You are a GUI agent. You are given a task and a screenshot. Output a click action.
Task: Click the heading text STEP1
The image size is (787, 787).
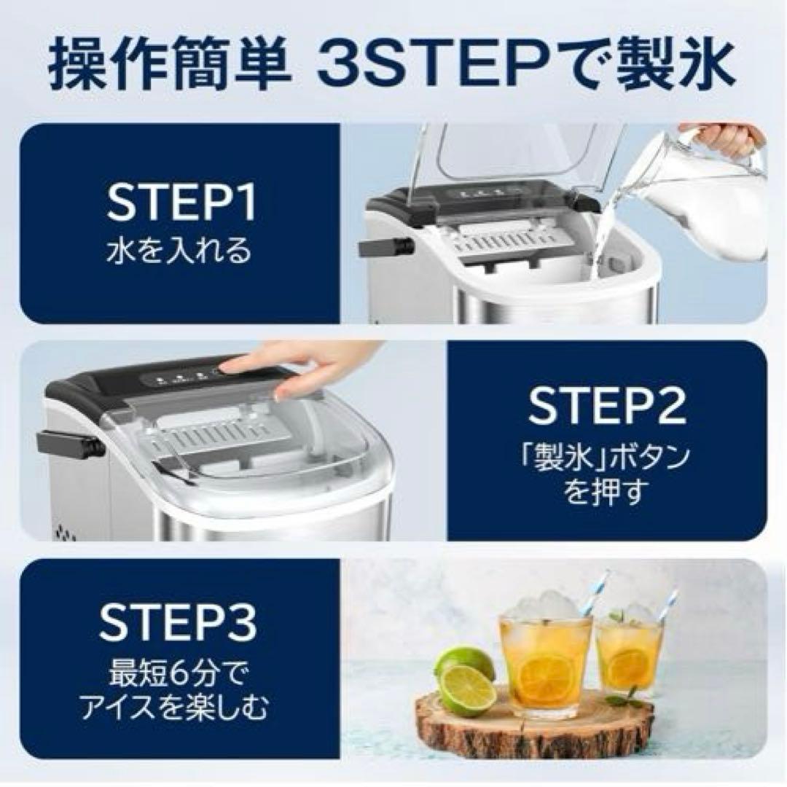(x=181, y=205)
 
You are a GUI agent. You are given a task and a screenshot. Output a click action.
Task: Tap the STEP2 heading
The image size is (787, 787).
(x=606, y=406)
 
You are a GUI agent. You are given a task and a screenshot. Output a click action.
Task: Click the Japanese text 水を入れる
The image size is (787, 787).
(x=179, y=251)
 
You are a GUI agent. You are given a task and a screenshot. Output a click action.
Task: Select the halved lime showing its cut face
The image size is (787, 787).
(x=466, y=690)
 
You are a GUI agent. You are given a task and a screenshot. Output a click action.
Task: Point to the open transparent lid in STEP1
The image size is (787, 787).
(x=510, y=157)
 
